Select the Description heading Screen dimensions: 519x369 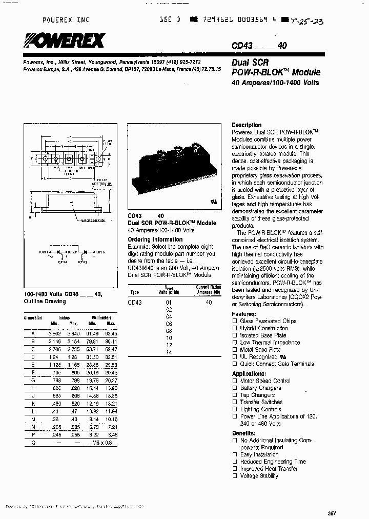[247, 125]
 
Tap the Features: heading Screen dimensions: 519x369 [243, 314]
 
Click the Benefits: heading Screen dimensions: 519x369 [244, 433]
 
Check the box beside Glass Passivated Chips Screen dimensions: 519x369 [235, 321]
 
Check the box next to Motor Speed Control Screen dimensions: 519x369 [235, 381]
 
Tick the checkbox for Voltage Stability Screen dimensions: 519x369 [235, 476]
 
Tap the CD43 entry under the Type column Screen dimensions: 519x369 [135, 303]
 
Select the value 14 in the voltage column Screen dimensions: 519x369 [169, 352]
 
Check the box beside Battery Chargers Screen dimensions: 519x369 [235, 388]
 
